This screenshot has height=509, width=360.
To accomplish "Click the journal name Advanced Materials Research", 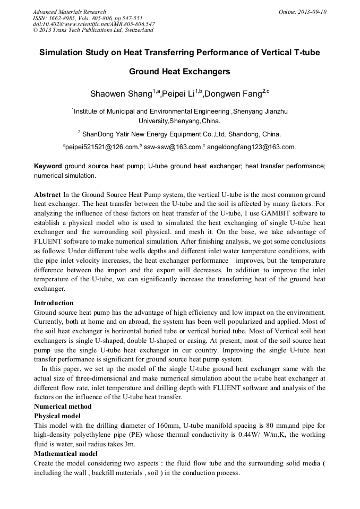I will tap(69, 12).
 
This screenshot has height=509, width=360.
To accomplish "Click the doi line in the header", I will tap(94, 24).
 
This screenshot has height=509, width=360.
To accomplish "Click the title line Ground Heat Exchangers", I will tap(179, 71).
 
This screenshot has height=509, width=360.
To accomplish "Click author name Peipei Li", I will tap(178, 94).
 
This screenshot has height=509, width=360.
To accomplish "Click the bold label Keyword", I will tap(48, 166).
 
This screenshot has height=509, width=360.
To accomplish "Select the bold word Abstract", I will tap(47, 194).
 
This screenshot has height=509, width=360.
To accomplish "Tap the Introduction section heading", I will tap(54, 303).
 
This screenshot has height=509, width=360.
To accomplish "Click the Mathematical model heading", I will tap(65, 454).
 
